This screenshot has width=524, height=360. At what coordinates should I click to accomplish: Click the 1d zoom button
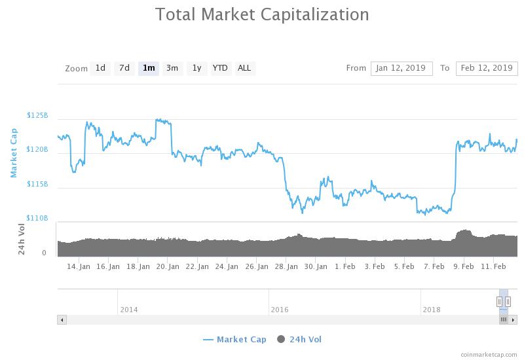[100, 69]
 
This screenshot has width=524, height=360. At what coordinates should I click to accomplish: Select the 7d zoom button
[124, 69]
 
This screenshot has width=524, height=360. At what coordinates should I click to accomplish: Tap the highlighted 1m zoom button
[149, 69]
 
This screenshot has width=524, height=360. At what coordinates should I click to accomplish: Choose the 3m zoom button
[172, 69]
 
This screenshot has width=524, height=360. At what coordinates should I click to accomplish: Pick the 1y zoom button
[197, 69]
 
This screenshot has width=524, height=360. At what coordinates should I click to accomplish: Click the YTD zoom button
[220, 69]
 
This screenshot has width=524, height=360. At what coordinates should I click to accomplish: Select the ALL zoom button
[244, 69]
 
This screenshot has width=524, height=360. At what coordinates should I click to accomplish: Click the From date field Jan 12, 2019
[402, 69]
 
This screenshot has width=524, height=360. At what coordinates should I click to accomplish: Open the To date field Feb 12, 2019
[487, 69]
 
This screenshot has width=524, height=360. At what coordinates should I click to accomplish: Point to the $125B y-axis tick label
[37, 116]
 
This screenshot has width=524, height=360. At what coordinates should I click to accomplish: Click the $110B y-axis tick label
[37, 219]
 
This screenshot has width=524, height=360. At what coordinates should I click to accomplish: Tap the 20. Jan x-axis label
[168, 267]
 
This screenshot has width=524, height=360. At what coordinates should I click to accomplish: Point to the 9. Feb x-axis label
[464, 267]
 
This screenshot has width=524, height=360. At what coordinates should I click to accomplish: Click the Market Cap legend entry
[234, 340]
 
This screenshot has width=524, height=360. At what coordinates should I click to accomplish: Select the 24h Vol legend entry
[299, 340]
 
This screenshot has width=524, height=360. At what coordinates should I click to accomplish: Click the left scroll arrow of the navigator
[62, 320]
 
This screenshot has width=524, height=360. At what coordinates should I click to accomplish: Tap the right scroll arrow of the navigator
[513, 320]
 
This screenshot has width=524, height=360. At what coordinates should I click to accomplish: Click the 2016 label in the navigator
[280, 310]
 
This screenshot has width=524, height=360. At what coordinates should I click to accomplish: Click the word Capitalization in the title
[315, 15]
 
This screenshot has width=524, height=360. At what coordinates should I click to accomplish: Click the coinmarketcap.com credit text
[489, 355]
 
